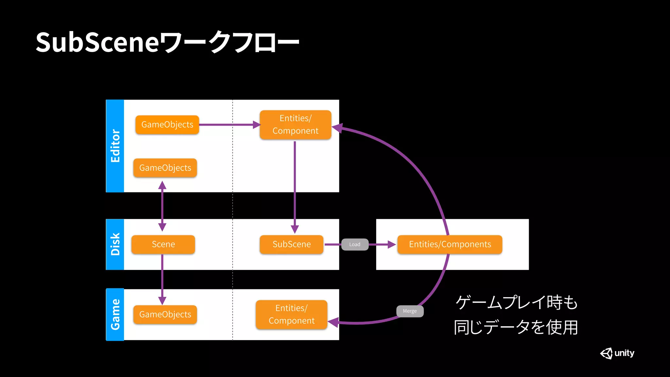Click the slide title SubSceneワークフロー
(167, 42)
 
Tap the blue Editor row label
(115, 146)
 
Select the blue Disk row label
(115, 244)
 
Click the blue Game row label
(115, 314)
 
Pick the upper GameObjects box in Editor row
(167, 125)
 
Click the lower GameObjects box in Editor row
(165, 168)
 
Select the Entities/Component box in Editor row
(295, 125)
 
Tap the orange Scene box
(163, 244)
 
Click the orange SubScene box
(291, 244)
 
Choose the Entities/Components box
(450, 244)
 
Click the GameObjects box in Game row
(165, 314)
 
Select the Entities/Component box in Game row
(291, 314)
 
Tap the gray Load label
(355, 244)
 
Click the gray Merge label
(410, 311)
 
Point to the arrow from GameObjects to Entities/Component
(229, 125)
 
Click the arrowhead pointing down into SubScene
(295, 229)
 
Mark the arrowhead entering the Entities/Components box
(391, 244)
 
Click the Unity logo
(617, 353)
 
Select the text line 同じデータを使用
(516, 327)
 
